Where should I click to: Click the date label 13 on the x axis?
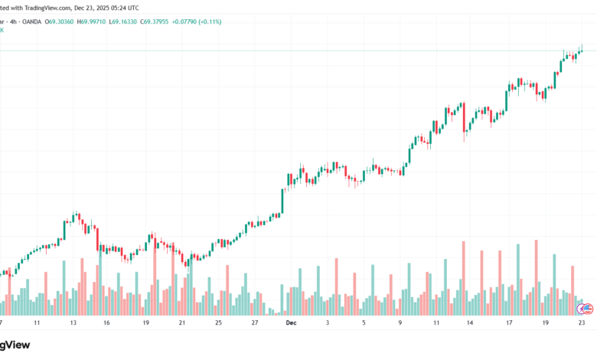(x=73, y=323)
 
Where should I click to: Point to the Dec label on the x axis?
(x=290, y=323)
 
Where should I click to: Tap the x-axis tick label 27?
(x=255, y=323)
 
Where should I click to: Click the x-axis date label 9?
(x=400, y=323)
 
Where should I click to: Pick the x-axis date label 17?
(x=508, y=323)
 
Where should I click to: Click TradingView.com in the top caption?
(x=47, y=8)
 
